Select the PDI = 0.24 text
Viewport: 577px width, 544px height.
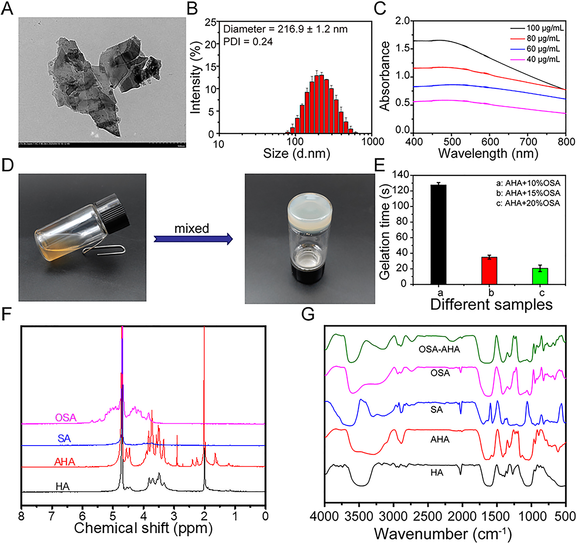(248, 42)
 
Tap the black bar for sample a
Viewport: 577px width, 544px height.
(438, 234)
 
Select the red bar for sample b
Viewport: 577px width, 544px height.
(489, 270)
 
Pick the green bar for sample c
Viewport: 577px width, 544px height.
(540, 276)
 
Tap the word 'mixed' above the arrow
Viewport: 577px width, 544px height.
(192, 228)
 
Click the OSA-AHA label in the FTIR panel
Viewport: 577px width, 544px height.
(439, 349)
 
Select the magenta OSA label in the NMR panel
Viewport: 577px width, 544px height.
(66, 418)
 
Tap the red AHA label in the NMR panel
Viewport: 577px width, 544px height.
(65, 462)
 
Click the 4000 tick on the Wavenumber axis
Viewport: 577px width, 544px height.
(325, 516)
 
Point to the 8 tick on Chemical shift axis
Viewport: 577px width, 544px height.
(21, 516)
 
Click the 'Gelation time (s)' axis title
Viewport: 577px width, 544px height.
(385, 229)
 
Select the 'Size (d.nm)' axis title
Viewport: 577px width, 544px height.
(296, 153)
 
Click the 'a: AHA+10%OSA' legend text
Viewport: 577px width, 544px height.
(528, 183)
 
